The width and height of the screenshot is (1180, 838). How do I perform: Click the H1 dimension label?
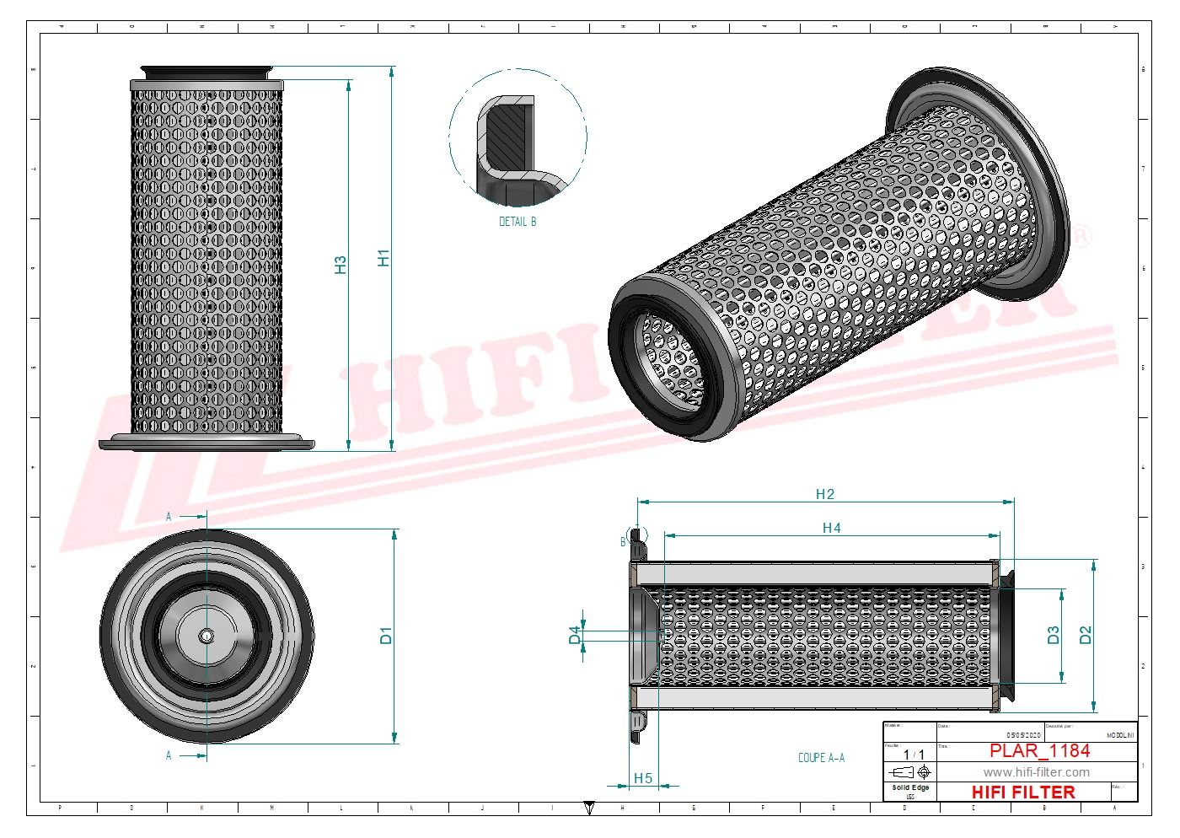383,258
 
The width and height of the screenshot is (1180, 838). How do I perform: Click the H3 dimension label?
341,265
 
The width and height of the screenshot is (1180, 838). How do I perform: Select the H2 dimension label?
824,494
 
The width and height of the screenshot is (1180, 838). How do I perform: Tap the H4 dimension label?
831,528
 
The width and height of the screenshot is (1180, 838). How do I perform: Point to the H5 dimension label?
643,778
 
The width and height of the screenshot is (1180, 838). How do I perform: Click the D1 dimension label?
386,636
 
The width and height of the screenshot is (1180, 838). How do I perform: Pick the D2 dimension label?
1086,635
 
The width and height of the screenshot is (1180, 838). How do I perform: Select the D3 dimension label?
1053,635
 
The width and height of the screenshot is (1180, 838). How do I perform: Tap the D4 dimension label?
575,635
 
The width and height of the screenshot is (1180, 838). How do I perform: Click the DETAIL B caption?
518,222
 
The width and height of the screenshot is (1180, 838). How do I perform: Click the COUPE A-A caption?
821,758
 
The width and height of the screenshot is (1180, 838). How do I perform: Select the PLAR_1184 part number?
1039,750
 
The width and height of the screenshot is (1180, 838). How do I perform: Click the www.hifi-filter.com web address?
1036,772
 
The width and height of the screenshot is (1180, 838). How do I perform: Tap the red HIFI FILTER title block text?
1023,792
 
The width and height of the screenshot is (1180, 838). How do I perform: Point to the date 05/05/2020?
1023,735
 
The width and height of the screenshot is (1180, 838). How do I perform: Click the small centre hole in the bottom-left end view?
206,637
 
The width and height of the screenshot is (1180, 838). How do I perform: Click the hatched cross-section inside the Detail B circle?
508,135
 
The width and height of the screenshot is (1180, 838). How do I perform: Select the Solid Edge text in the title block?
910,787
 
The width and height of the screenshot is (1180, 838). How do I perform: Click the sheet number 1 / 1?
914,755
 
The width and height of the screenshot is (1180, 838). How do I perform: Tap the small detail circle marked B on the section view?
638,534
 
